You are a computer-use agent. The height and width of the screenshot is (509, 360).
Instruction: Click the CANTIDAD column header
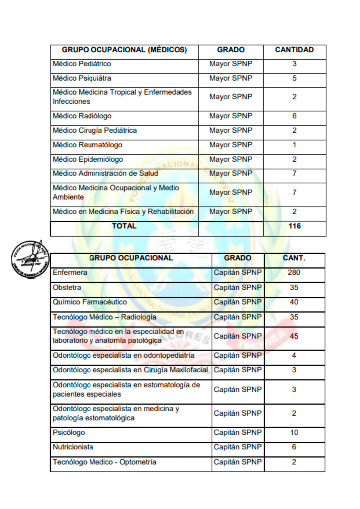click(x=294, y=50)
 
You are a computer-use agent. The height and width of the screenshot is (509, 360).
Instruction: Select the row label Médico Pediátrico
click(x=82, y=64)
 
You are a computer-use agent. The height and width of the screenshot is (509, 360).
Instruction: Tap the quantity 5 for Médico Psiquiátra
click(x=294, y=78)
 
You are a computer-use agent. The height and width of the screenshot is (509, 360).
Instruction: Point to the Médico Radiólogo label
click(x=82, y=116)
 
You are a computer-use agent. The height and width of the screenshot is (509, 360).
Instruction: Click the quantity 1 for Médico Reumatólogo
click(x=294, y=145)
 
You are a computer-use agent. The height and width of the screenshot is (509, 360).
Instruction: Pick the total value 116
click(x=294, y=226)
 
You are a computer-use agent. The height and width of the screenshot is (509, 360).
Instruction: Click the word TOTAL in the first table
click(x=124, y=226)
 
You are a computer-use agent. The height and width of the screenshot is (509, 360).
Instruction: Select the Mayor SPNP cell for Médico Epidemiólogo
click(x=231, y=159)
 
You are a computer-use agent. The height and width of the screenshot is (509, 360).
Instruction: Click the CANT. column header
click(x=294, y=258)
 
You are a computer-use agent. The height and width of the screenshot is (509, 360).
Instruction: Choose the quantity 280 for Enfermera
click(x=294, y=273)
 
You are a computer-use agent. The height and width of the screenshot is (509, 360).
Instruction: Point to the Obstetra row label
click(x=67, y=287)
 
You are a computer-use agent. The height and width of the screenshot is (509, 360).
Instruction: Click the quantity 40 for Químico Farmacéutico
click(x=294, y=302)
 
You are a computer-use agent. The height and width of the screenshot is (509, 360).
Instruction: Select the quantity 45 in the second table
click(x=294, y=336)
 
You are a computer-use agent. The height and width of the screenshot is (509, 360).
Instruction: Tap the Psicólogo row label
click(x=69, y=432)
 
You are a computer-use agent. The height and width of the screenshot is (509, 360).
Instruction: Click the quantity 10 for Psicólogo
click(x=294, y=432)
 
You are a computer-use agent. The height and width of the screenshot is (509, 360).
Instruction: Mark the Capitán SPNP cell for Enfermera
click(x=237, y=273)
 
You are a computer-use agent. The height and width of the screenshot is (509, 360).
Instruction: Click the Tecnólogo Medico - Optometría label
click(x=104, y=462)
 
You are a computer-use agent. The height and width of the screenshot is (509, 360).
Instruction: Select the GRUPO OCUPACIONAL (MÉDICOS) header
click(x=124, y=50)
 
